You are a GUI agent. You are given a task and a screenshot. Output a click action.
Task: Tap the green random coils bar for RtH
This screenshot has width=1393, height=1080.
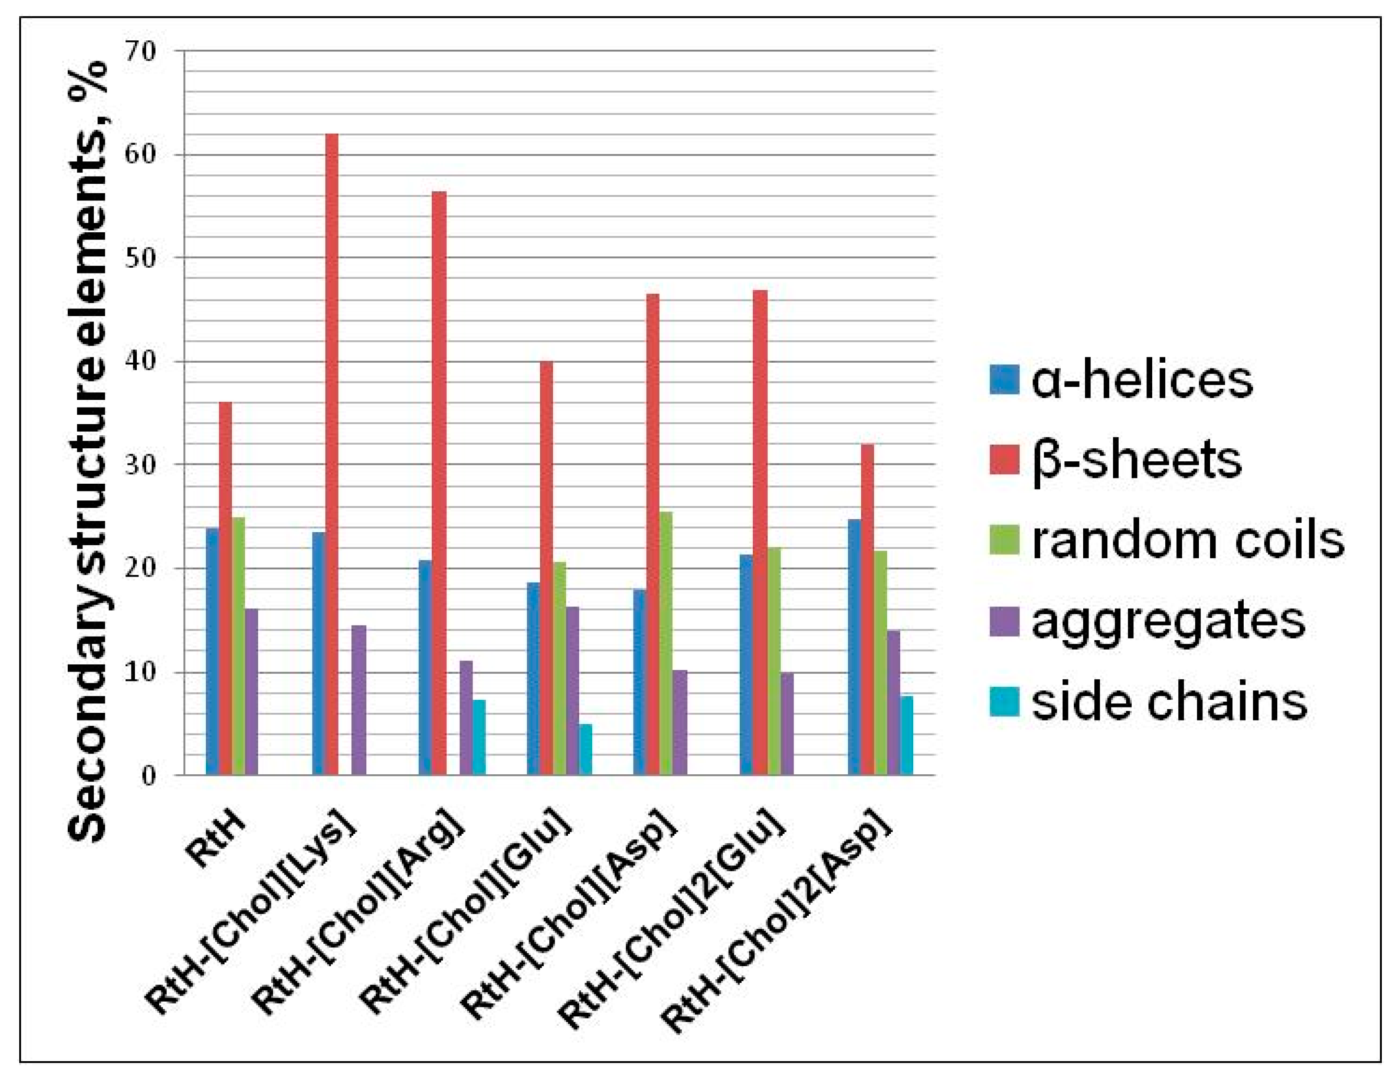(x=238, y=646)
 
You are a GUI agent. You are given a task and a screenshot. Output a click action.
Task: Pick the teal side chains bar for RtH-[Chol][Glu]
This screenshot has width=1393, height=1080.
(x=585, y=750)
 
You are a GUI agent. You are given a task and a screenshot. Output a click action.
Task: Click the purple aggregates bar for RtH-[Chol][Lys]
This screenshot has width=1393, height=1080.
(x=359, y=700)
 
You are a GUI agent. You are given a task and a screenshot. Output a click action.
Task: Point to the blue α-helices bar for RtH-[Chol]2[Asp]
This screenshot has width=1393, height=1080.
(x=853, y=647)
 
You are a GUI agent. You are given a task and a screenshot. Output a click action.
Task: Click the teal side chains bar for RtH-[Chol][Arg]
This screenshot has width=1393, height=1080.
(x=479, y=737)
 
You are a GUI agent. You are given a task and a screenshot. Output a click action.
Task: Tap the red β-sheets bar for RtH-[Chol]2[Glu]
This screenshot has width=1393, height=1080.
(x=759, y=533)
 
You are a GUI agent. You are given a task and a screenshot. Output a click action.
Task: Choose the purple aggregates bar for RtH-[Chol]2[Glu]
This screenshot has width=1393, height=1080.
(x=786, y=724)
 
